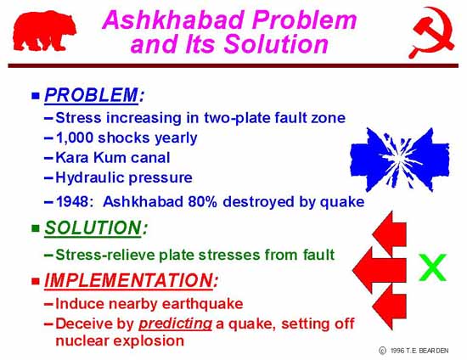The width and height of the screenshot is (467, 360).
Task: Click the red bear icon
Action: click(x=45, y=31)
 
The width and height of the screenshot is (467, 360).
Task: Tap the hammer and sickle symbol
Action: click(x=432, y=32)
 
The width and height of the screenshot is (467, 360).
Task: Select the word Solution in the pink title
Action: click(x=276, y=44)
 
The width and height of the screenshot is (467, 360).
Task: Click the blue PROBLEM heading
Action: click(x=92, y=95)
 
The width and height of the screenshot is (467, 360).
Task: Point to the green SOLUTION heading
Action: click(x=93, y=228)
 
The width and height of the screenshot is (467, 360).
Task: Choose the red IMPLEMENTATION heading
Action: click(x=129, y=280)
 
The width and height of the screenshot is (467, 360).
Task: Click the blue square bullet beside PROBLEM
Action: click(x=36, y=96)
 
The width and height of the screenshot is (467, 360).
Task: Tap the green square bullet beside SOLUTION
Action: click(x=36, y=228)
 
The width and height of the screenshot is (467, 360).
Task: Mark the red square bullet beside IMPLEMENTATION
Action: click(x=36, y=281)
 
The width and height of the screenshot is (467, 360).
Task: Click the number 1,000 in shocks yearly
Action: click(x=75, y=138)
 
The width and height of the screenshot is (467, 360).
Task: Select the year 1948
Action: click(x=72, y=201)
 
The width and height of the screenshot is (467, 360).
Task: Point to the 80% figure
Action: click(x=202, y=201)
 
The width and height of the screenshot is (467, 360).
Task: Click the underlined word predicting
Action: click(x=176, y=324)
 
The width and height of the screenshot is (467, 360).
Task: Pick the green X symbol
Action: click(x=432, y=267)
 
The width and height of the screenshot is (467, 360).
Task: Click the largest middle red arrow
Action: click(x=380, y=270)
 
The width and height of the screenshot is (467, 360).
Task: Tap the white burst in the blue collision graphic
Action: click(x=398, y=159)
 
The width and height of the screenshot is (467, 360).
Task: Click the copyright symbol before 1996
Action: click(x=382, y=351)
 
